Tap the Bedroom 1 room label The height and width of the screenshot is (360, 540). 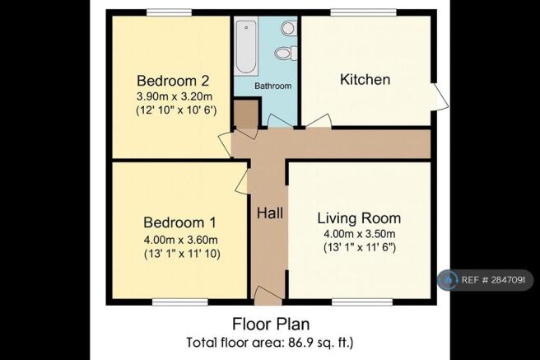click(x=179, y=222)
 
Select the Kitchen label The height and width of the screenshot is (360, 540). click(x=365, y=80)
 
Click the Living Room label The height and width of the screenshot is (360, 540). click(x=359, y=218)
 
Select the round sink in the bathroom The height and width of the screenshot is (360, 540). click(x=287, y=28)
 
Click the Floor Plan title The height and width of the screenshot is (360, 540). click(x=270, y=324)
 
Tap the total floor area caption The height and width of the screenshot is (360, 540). click(x=270, y=342)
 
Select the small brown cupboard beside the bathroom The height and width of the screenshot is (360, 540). click(x=244, y=115)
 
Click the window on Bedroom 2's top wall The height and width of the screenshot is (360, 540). click(x=170, y=12)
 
